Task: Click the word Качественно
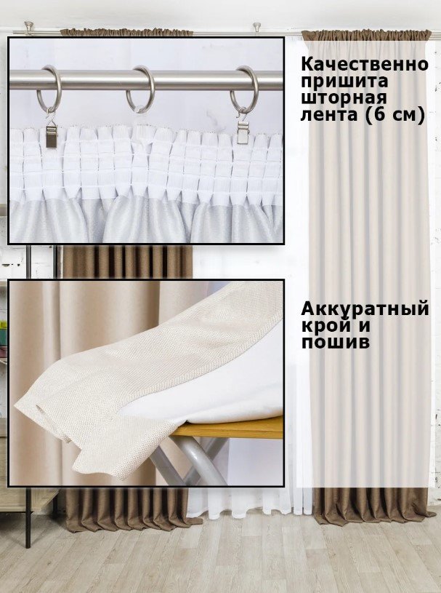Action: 365,65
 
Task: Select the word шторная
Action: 344,98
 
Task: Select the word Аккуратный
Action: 365,310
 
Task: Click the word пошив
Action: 335,342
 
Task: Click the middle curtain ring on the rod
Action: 140,89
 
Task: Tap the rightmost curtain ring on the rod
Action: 244,90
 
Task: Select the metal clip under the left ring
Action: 51,134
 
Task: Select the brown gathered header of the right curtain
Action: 366,35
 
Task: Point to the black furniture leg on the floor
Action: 28,518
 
